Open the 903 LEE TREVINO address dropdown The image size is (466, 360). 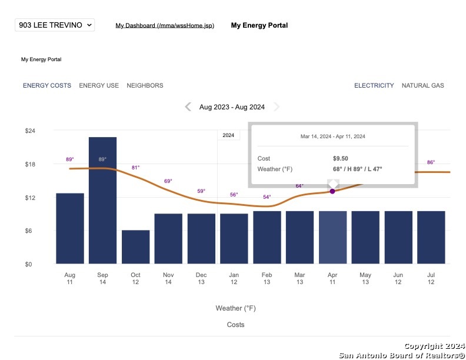55,25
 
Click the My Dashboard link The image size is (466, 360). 165,25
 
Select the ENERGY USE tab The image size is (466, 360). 99,85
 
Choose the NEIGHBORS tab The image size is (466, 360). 145,85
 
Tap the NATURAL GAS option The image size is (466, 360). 423,85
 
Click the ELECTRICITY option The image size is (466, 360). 374,85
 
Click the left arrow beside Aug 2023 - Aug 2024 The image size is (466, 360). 188,106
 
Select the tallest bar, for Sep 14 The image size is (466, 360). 102,201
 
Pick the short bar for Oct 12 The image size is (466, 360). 135,247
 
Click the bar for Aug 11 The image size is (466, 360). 70,228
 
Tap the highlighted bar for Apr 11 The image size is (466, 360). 332,237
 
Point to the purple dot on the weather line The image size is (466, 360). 332,191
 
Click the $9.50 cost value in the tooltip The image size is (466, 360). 341,159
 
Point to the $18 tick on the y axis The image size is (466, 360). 30,164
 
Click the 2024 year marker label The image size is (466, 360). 228,135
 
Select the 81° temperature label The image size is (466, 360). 135,168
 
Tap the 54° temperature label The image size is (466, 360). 267,197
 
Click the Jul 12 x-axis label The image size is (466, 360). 431,278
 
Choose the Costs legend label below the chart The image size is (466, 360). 236,325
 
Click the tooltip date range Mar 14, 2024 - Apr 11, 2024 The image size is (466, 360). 333,136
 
